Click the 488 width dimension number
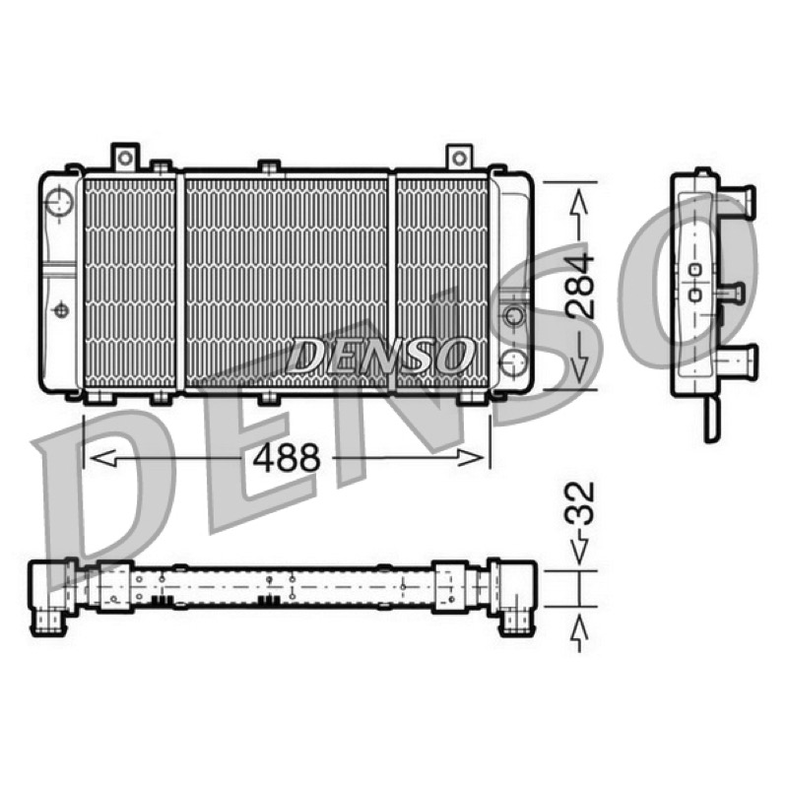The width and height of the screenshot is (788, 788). [286, 458]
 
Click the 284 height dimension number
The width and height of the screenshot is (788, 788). [580, 286]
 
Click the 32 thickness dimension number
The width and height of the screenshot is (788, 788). [580, 504]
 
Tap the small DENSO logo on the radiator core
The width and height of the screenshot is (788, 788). [380, 356]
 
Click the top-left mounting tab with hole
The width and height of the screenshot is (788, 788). [125, 158]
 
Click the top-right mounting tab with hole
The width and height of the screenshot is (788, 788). [459, 158]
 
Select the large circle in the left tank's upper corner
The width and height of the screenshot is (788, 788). [59, 202]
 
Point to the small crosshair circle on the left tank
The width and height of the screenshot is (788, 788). [61, 310]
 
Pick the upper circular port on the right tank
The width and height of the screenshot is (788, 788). [513, 316]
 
